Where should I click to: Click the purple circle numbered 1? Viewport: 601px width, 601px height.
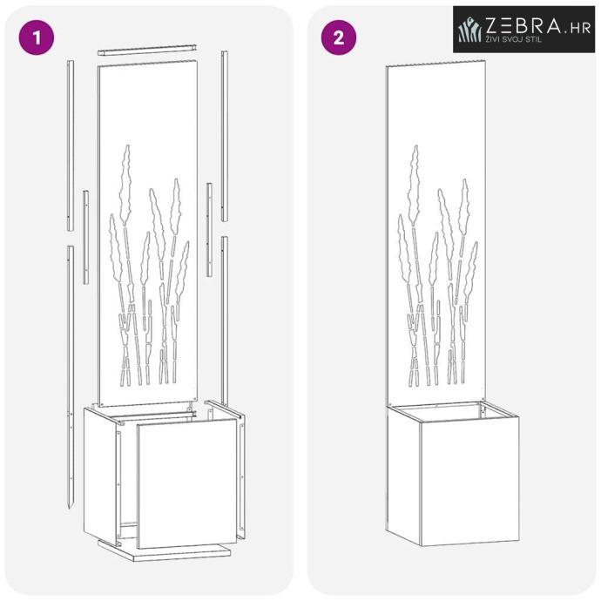37,37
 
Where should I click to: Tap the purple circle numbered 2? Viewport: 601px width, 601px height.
339,37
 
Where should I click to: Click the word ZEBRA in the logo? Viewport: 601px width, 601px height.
523,26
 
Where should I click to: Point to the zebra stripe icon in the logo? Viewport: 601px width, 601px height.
469,29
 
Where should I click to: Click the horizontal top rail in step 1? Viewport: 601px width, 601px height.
147,50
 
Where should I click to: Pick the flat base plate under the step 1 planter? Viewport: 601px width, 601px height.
164,550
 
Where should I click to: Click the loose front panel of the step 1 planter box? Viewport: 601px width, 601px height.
187,483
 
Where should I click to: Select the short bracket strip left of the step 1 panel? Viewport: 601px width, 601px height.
86,237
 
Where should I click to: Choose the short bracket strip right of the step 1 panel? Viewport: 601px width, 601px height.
209,230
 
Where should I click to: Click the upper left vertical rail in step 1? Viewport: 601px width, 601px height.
71,145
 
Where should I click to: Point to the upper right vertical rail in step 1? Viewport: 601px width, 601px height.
224,136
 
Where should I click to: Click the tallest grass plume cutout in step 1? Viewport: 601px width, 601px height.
125,184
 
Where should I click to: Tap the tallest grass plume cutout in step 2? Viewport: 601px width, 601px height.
414,184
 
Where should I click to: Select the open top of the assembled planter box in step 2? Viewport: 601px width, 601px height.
453,412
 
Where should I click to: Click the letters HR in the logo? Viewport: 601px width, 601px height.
580,28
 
